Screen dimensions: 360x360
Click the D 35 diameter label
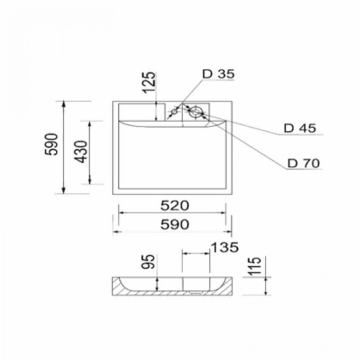click(x=218, y=74)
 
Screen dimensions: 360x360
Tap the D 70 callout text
click(x=303, y=163)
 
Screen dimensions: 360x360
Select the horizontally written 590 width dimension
click(x=174, y=224)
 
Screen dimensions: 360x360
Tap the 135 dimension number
click(x=224, y=247)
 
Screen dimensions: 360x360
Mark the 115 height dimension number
click(x=256, y=266)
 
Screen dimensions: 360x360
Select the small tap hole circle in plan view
click(x=174, y=112)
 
